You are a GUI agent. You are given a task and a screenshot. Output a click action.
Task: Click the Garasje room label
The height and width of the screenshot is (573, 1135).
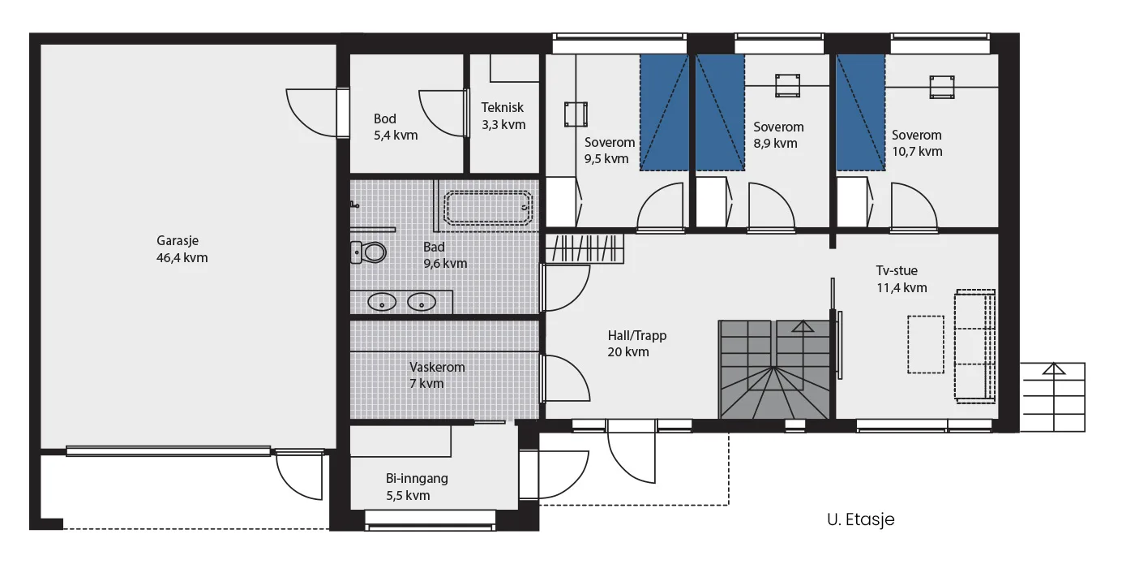click(178, 240)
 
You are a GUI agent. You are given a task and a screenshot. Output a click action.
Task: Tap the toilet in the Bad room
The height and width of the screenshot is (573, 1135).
click(368, 252)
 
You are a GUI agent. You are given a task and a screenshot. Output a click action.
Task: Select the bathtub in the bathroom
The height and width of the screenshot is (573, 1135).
click(488, 207)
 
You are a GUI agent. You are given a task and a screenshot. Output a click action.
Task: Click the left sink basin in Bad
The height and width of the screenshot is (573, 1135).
click(382, 303)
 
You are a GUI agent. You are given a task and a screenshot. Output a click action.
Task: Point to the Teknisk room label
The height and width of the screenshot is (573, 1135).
click(502, 107)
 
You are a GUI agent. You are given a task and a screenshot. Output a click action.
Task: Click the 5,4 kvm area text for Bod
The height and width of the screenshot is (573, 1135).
click(396, 136)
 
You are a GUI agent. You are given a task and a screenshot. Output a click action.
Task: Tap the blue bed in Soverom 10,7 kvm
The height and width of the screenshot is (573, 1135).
click(860, 113)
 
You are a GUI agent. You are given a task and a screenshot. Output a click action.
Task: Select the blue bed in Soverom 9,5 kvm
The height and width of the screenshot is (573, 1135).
click(664, 113)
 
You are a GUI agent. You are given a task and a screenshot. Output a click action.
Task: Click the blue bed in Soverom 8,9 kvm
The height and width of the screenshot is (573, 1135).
click(720, 113)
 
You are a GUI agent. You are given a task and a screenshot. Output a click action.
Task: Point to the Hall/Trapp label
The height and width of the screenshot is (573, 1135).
click(637, 335)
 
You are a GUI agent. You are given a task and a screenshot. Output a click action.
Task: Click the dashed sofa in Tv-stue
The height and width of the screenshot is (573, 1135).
click(974, 347)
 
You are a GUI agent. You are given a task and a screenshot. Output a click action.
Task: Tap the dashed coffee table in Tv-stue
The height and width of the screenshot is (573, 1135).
click(926, 345)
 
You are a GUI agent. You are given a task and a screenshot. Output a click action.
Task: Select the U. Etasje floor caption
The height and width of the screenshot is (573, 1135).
click(861, 519)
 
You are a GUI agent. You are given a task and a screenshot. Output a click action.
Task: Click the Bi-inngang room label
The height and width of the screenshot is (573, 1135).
click(417, 479)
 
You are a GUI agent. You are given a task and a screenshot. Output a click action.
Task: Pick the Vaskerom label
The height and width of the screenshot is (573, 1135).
click(437, 367)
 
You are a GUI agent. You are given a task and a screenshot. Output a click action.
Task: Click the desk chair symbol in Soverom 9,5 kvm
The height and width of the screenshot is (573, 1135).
click(576, 114)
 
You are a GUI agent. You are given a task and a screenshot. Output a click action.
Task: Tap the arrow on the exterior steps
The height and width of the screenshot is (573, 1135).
click(1054, 368)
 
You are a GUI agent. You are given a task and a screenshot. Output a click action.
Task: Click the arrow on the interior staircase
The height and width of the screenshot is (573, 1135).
click(803, 326)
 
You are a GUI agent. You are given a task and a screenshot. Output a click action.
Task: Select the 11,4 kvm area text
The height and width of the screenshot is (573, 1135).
click(902, 288)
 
